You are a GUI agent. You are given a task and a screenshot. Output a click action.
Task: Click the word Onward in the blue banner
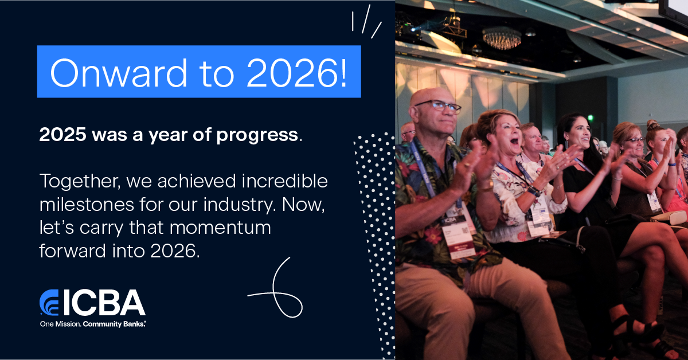pyautogui.click(x=119, y=72)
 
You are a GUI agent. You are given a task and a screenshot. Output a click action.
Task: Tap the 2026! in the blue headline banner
pyautogui.click(x=297, y=72)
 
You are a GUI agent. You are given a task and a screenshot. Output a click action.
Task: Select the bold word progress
pyautogui.click(x=257, y=135)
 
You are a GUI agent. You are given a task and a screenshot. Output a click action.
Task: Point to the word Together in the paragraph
pyautogui.click(x=80, y=181)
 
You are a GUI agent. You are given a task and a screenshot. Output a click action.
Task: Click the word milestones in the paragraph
pyautogui.click(x=87, y=204)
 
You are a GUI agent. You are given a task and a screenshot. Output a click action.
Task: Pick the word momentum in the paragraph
pyautogui.click(x=220, y=228)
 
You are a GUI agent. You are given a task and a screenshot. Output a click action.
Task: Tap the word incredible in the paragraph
pyautogui.click(x=285, y=181)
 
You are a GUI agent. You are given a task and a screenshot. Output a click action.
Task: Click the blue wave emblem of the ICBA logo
pyautogui.click(x=49, y=302)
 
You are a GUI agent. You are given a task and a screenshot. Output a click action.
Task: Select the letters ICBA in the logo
pyautogui.click(x=104, y=303)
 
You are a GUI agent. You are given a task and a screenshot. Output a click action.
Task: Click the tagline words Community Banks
pyautogui.click(x=114, y=324)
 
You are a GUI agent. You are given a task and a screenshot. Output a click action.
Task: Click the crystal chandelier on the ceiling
pyautogui.click(x=502, y=38)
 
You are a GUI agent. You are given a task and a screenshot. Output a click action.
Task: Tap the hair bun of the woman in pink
pyautogui.click(x=652, y=124)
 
